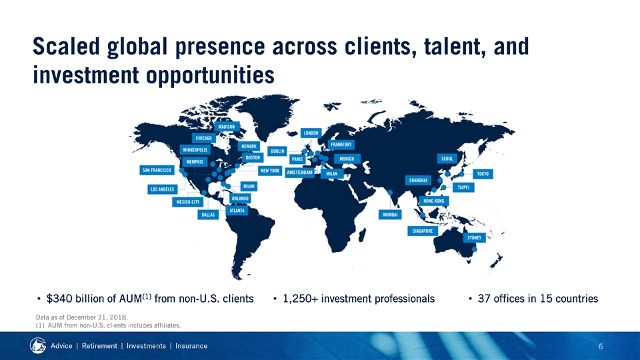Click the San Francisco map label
(x=157, y=170)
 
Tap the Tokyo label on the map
(x=483, y=174)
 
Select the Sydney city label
(x=474, y=237)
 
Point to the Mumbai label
(x=390, y=214)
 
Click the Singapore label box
(x=423, y=231)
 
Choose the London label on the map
(x=311, y=133)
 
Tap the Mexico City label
(x=188, y=202)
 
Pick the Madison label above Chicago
(x=227, y=127)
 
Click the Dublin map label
(x=277, y=151)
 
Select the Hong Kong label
(x=434, y=201)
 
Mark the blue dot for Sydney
(x=474, y=249)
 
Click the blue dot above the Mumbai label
(x=390, y=192)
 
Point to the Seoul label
(x=447, y=159)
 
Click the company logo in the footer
(x=37, y=346)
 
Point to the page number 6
(x=601, y=347)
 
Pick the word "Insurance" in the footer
(x=191, y=346)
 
